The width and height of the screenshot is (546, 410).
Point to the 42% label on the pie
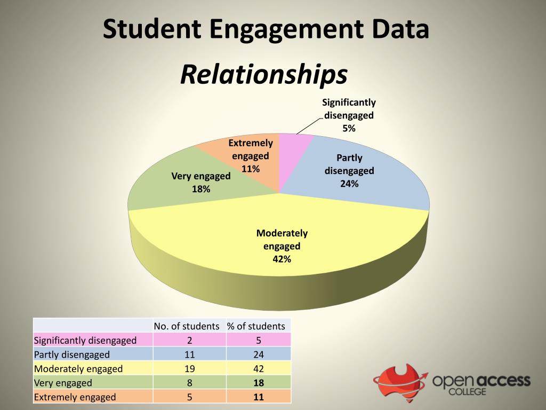click(282, 259)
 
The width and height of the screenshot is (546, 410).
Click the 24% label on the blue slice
click(349, 184)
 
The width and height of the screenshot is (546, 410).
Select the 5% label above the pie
click(349, 128)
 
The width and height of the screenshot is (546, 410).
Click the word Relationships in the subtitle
click(263, 75)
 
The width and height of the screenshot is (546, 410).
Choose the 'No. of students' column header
click(187, 326)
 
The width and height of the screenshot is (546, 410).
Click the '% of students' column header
click(256, 326)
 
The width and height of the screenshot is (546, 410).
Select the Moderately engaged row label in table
click(78, 368)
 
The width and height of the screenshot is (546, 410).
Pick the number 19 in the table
click(189, 368)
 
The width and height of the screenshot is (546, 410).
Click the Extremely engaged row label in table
click(75, 397)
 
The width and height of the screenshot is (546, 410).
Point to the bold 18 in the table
click(259, 383)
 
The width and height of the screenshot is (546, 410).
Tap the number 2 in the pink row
click(189, 340)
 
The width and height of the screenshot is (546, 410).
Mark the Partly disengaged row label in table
click(72, 354)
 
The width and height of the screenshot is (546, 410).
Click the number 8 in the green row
click(189, 383)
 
